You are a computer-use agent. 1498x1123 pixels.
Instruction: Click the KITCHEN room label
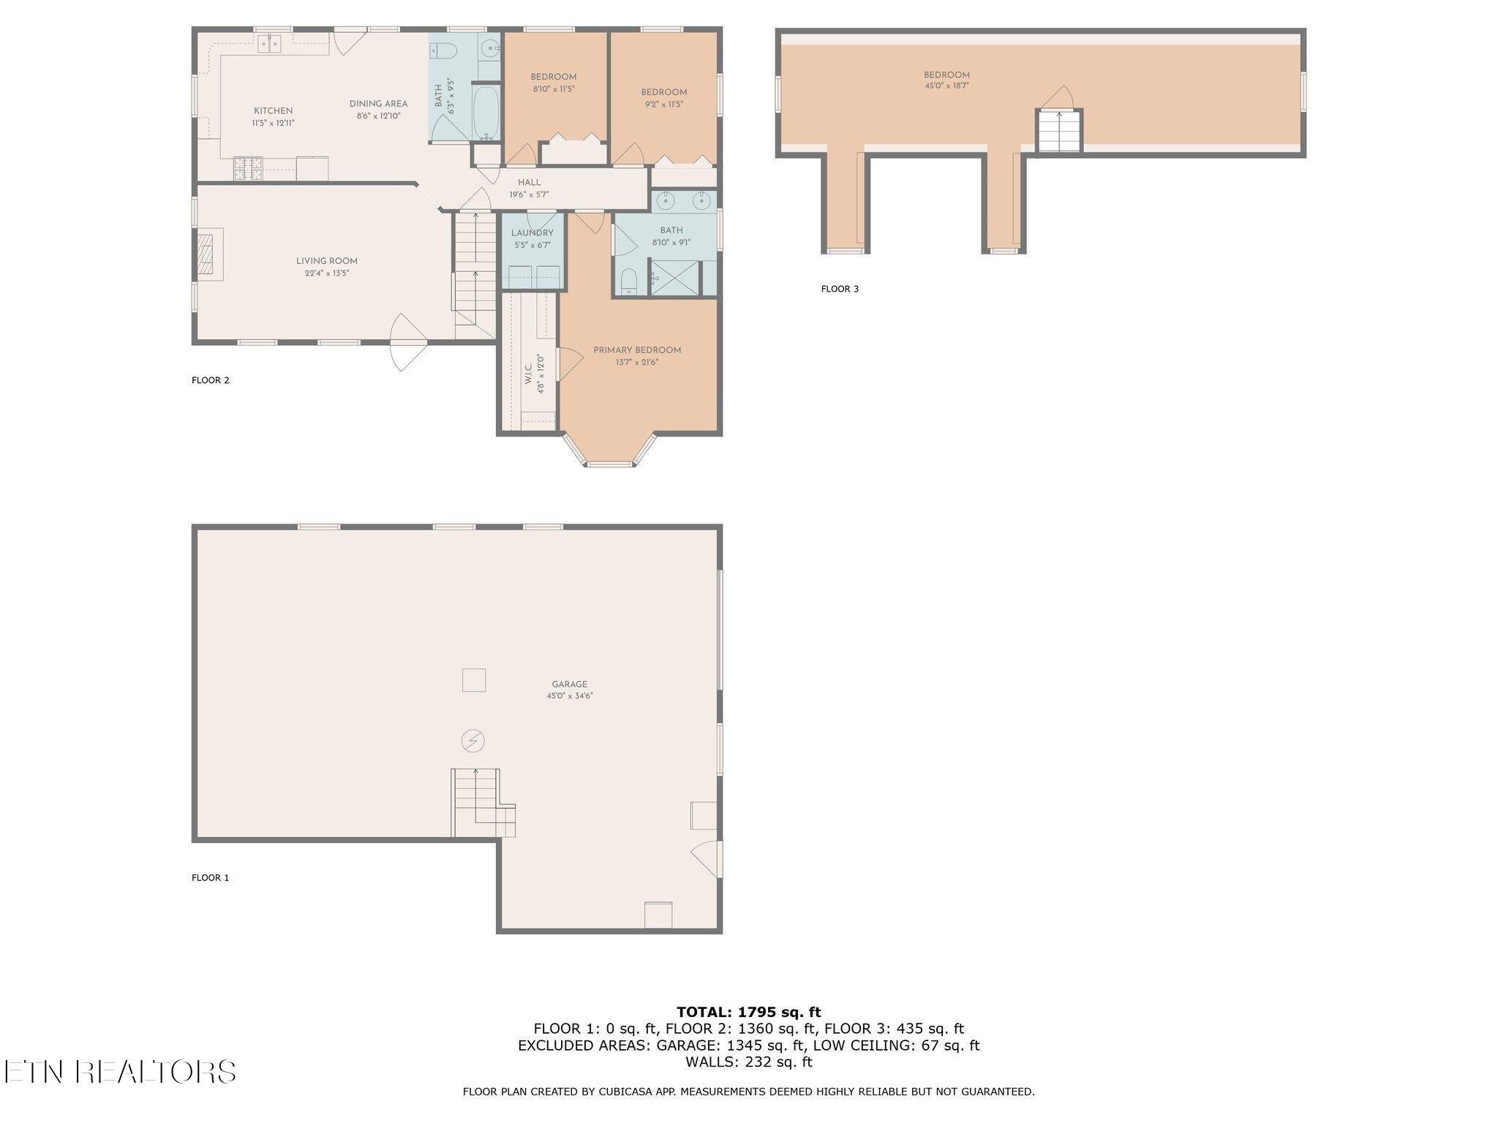(273, 111)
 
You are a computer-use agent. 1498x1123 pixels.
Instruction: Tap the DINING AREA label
(378, 104)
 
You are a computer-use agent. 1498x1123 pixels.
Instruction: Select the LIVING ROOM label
(326, 261)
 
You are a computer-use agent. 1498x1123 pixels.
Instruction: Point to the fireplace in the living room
(209, 252)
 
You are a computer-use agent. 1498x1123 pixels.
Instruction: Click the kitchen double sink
(270, 45)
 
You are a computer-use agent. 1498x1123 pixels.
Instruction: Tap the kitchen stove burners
(248, 169)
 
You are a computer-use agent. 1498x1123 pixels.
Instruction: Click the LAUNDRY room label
(532, 233)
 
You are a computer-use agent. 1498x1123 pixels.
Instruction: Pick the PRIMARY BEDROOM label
(637, 350)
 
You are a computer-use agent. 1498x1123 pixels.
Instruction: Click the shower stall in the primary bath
(674, 278)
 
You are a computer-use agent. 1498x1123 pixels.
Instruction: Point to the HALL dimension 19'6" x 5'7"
(529, 194)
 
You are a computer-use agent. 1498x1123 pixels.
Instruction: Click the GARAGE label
(569, 684)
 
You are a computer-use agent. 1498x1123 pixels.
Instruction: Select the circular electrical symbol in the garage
(473, 741)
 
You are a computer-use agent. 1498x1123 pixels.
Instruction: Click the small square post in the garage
(474, 680)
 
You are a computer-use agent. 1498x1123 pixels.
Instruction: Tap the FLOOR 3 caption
(840, 289)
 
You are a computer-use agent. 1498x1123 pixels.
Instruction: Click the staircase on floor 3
(1058, 132)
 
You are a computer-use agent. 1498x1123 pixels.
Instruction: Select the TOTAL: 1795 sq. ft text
(748, 1012)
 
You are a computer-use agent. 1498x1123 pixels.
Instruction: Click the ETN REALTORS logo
(119, 1072)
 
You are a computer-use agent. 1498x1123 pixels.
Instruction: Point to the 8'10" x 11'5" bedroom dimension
(553, 89)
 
